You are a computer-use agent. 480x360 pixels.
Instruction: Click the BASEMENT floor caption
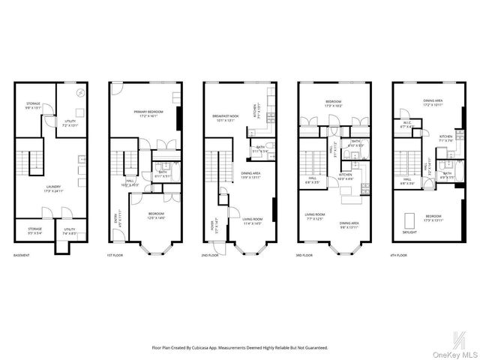[22, 255]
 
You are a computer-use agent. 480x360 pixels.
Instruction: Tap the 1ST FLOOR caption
[115, 255]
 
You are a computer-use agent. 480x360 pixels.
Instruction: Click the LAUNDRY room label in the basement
[52, 187]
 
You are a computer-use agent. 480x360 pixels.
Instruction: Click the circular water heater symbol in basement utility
[80, 93]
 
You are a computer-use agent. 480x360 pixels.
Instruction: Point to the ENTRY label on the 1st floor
[116, 217]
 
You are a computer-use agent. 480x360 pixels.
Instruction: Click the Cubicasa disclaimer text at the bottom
[240, 347]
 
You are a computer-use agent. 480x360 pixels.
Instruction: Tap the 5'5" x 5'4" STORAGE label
[35, 230]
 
